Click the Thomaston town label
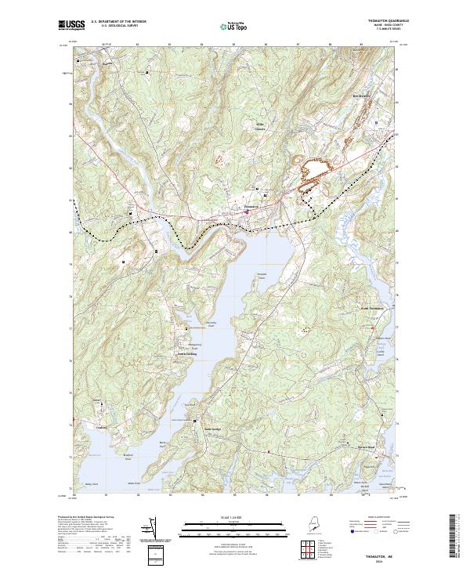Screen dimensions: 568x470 tap(251, 207)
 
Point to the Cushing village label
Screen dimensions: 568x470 tap(100, 428)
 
